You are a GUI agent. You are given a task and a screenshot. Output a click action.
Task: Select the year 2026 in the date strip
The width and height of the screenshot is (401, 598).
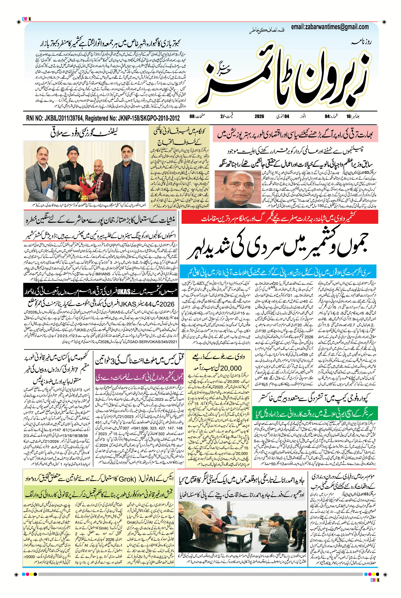(x=259, y=116)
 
